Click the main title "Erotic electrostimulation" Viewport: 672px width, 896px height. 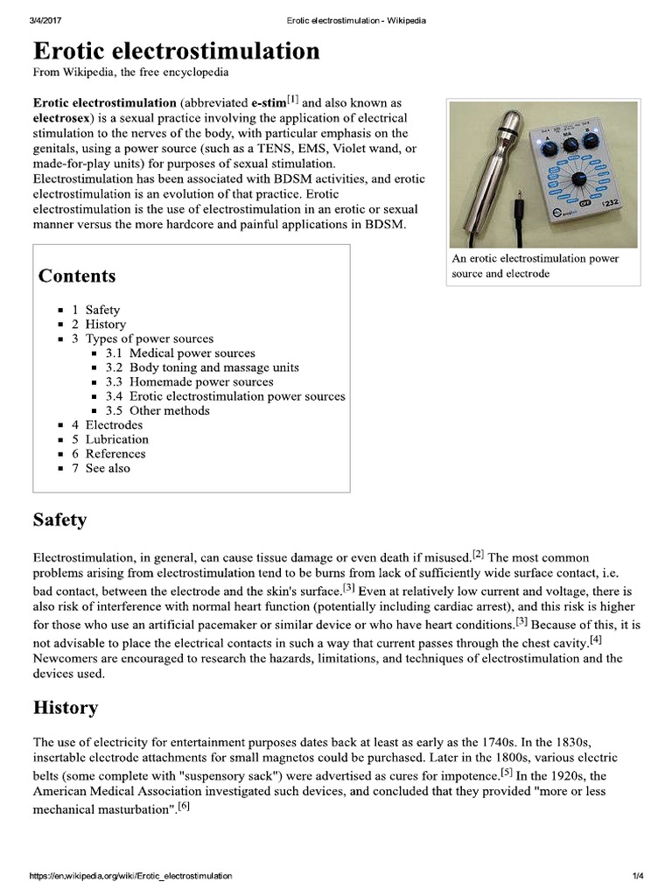(176, 52)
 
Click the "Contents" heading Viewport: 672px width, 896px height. (77, 276)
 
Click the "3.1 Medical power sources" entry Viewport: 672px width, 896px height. (180, 353)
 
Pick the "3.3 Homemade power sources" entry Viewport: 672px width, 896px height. (189, 382)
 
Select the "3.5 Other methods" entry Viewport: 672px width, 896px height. (157, 410)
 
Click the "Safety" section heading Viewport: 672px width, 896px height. (59, 521)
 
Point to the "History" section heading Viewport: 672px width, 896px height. (65, 708)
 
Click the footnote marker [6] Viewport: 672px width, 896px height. (183, 806)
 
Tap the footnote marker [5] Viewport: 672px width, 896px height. (507, 773)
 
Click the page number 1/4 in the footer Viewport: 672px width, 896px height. (638, 876)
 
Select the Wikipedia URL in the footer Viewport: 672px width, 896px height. (131, 876)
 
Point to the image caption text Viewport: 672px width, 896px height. (535, 266)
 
